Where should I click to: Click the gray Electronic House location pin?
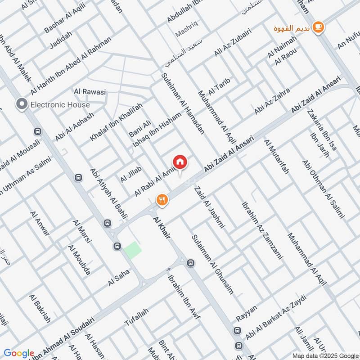(21, 104)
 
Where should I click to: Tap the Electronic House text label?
(60, 105)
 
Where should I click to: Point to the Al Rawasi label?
(90, 92)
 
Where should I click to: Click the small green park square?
(133, 249)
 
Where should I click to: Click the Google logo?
(18, 353)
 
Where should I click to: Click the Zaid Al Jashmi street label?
(207, 207)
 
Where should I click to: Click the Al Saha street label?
(119, 277)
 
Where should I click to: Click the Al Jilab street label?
(131, 174)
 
